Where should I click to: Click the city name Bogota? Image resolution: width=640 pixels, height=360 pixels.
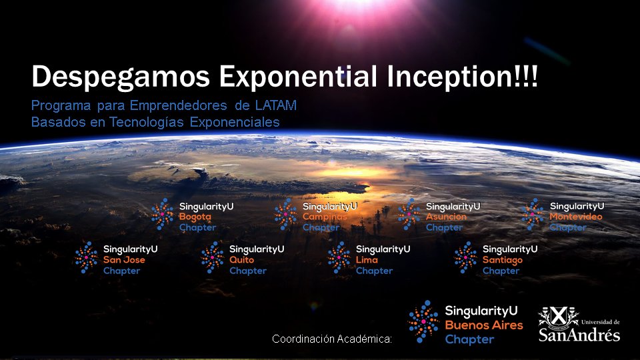(x=195, y=217)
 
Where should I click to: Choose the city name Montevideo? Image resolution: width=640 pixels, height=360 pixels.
(x=576, y=217)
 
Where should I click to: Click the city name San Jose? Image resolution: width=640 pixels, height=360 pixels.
(x=124, y=260)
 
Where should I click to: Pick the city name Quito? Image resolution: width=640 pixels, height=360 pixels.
(x=241, y=260)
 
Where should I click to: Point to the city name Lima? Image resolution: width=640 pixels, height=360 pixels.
(x=367, y=260)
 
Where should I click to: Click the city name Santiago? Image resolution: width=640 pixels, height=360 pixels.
(x=502, y=260)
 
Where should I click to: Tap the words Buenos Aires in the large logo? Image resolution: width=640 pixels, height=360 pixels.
(x=483, y=325)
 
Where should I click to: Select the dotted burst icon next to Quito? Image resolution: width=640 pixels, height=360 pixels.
(x=213, y=257)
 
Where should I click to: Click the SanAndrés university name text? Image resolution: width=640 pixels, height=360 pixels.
(x=579, y=334)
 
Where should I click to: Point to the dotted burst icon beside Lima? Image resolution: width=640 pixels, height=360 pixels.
(x=339, y=257)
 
